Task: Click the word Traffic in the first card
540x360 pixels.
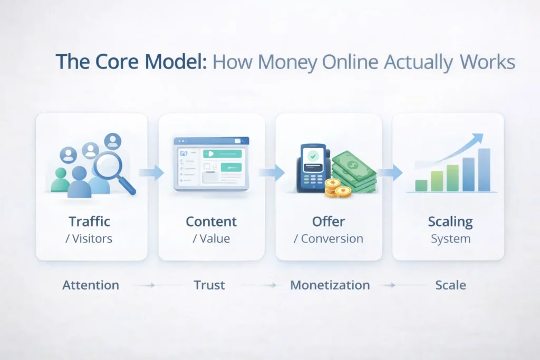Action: pos(89,221)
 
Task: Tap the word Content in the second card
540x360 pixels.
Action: pos(211,221)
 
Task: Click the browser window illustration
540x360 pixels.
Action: pos(211,163)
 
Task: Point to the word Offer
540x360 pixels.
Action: pos(328,221)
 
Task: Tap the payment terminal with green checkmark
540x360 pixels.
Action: pos(312,167)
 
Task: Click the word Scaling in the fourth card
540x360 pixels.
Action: pos(450,221)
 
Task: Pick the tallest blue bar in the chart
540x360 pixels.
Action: pos(484,170)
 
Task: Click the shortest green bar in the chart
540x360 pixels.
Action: pos(421,185)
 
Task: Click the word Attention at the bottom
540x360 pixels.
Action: pos(91,285)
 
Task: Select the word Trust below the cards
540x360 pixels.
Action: pos(209,285)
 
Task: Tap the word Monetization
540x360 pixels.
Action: pos(330,285)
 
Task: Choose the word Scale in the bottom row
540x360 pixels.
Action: pos(450,285)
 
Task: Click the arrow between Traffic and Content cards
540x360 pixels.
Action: pos(152,172)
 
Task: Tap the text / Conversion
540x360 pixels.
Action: pos(328,239)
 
